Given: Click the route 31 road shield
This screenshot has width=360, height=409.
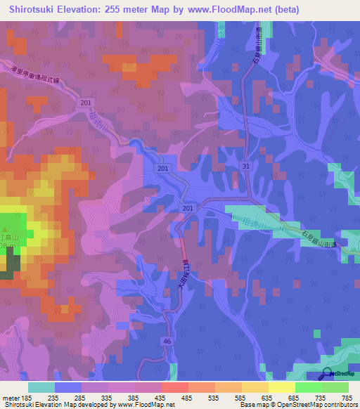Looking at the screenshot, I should [245, 166].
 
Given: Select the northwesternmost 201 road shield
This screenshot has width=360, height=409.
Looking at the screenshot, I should [86, 104].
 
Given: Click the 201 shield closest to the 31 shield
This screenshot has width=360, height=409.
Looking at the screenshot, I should [188, 209].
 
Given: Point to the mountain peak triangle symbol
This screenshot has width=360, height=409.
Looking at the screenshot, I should [6, 231].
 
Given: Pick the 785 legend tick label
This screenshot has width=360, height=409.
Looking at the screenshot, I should [347, 397].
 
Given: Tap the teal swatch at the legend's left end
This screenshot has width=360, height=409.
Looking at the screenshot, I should [41, 387].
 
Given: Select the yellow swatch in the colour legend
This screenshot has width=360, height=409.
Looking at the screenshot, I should [281, 387].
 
